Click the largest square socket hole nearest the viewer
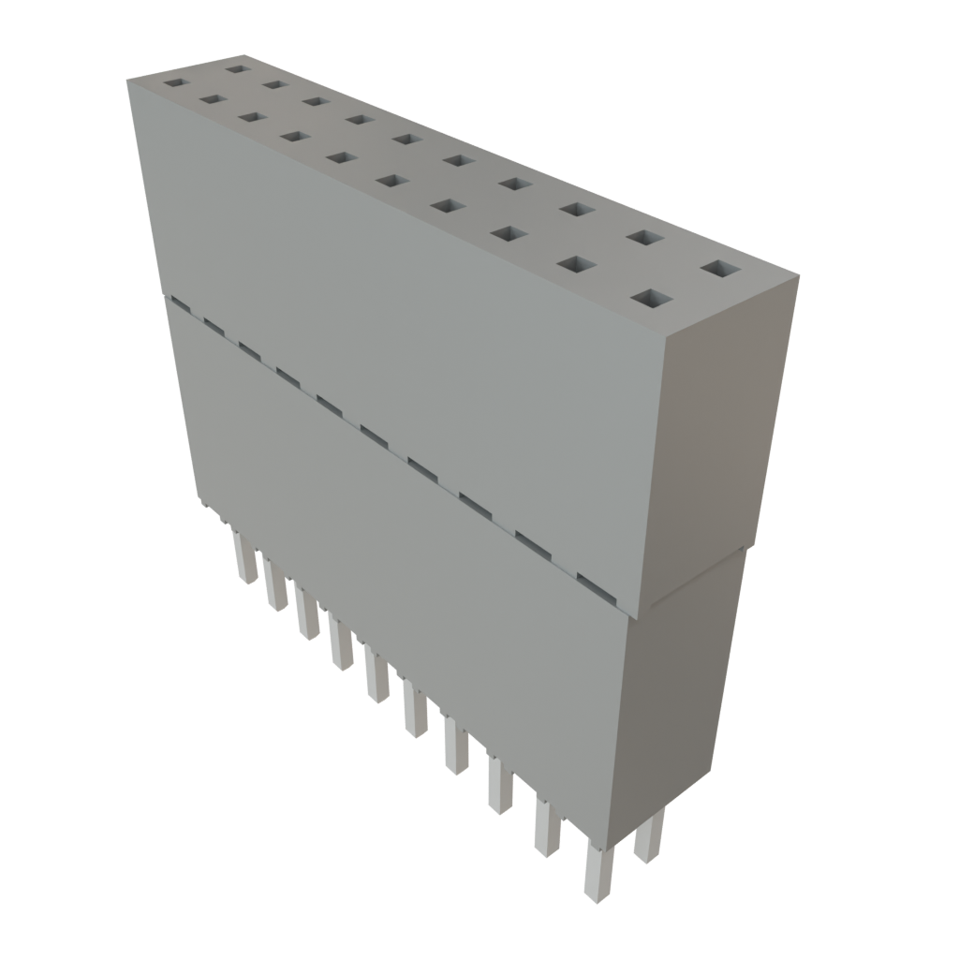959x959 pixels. pos(653,299)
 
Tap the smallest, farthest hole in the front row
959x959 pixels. pos(175,82)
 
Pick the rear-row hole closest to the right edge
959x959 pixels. pos(719,270)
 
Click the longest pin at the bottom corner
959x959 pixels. pos(596,871)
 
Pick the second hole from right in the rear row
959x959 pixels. pos(641,238)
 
